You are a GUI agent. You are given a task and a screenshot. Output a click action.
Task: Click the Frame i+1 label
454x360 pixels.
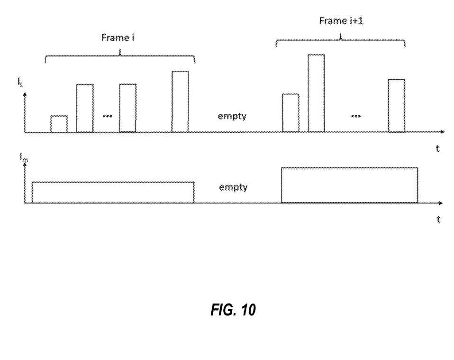(x=341, y=21)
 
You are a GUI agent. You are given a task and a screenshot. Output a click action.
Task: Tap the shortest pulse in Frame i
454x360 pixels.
(x=59, y=124)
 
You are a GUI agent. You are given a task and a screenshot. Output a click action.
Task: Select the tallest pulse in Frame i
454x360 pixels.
(x=180, y=102)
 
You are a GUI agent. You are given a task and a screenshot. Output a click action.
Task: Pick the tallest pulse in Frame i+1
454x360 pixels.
(x=316, y=93)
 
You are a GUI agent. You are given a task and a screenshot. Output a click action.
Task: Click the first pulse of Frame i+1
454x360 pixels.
(x=291, y=113)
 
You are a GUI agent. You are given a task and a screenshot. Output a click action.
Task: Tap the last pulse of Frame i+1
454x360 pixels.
(x=396, y=105)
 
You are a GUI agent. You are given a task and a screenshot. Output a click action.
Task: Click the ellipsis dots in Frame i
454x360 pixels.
(x=108, y=115)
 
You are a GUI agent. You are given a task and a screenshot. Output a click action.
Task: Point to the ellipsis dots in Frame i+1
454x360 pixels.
(x=356, y=116)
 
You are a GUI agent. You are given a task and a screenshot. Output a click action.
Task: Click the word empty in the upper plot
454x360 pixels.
(x=232, y=116)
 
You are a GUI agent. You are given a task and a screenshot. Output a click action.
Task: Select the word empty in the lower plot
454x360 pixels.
(x=233, y=187)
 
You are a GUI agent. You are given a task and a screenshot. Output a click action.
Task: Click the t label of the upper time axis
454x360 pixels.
(x=437, y=148)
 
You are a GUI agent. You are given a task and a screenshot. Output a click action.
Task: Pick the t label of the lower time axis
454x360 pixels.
(x=438, y=219)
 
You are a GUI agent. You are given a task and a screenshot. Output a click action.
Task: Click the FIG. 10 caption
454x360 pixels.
(x=233, y=310)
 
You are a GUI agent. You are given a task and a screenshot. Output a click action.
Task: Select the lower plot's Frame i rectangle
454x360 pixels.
(x=113, y=192)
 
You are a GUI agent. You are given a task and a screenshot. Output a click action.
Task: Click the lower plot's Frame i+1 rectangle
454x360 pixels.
(x=349, y=185)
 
